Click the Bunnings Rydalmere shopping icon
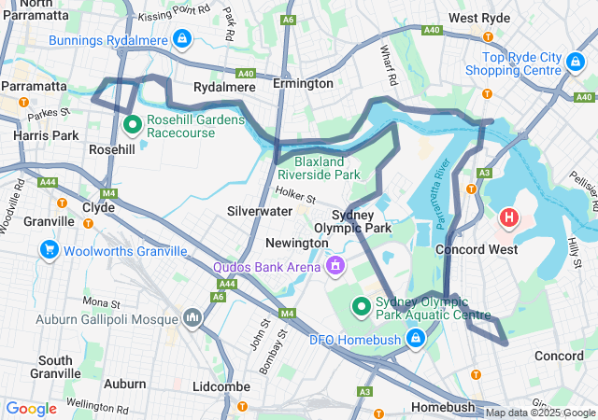coord(182,40)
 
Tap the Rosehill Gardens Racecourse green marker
coord(133,122)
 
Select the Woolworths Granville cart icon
coord(49,249)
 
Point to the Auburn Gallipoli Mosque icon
coord(193,318)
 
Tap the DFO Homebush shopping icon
coord(414,335)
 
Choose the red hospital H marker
coord(509,219)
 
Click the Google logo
coord(32,408)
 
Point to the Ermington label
coord(303,83)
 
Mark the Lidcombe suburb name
coord(219,385)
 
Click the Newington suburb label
coord(296,243)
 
